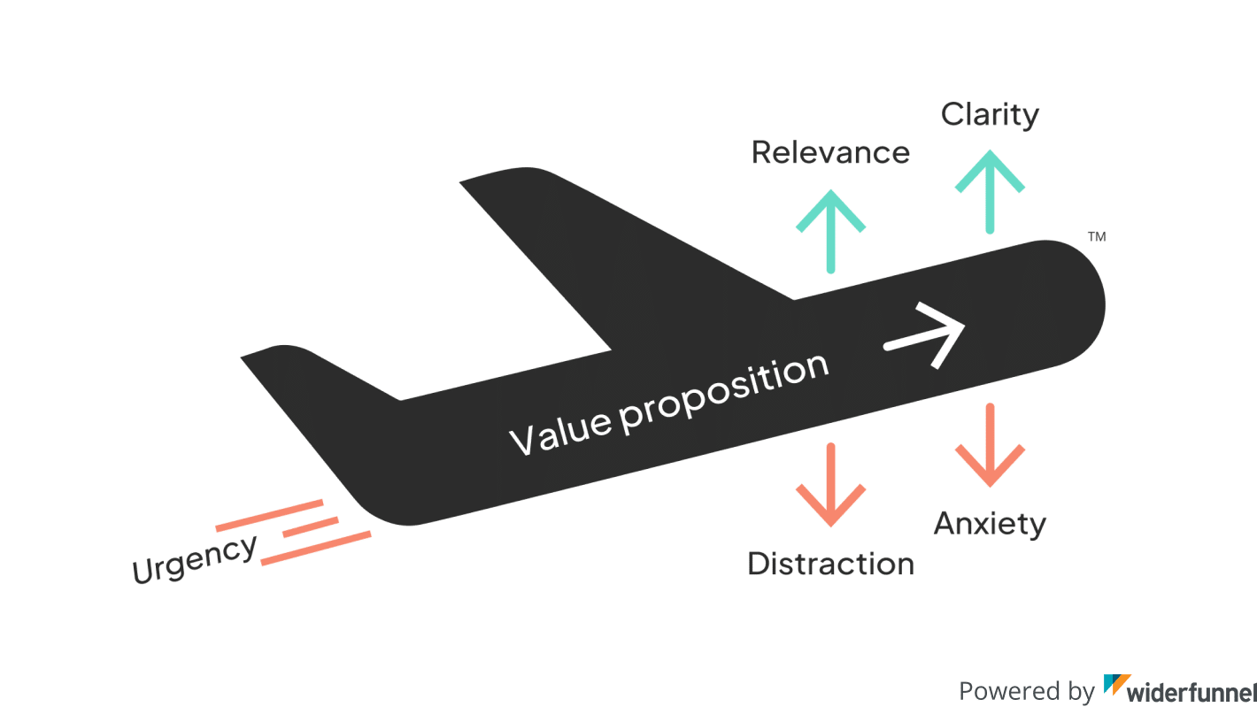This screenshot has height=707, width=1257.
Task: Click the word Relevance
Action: [830, 152]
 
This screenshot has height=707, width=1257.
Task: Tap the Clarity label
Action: [990, 115]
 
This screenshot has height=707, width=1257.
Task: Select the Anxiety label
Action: [990, 524]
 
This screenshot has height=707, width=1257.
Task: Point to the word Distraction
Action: [830, 564]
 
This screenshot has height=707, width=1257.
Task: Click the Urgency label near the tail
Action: [194, 559]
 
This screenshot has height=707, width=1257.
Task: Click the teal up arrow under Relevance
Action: [830, 228]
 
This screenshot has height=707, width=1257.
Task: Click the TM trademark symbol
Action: [1096, 237]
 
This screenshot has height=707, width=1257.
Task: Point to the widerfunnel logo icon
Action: [1116, 688]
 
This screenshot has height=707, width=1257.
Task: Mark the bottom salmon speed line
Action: [316, 547]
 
